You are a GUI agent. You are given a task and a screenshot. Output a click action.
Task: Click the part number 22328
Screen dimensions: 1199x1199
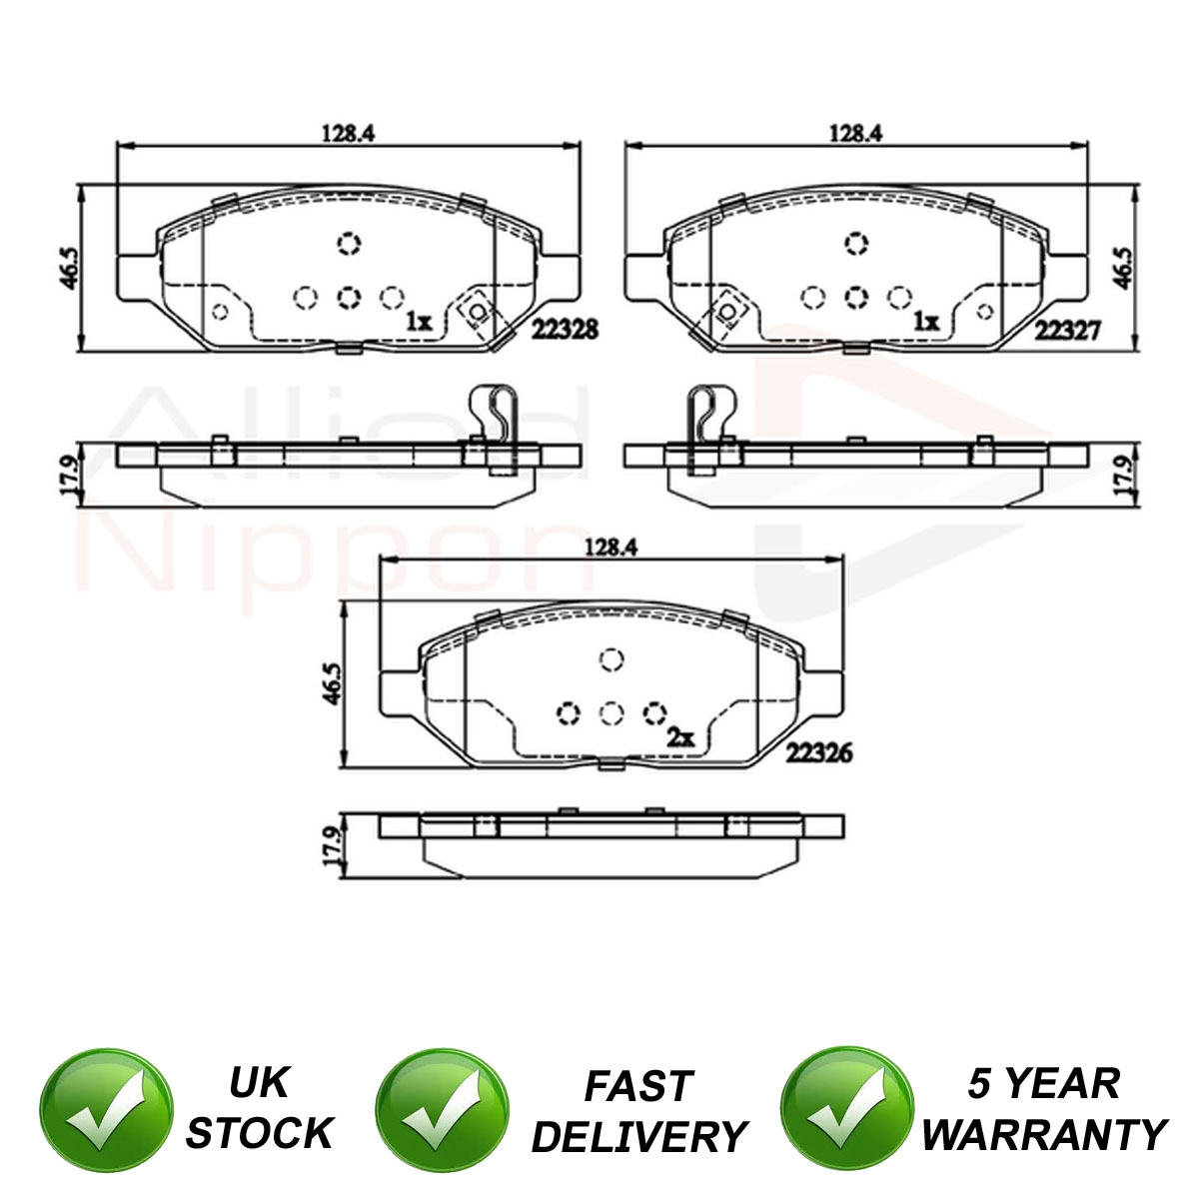pyautogui.click(x=565, y=329)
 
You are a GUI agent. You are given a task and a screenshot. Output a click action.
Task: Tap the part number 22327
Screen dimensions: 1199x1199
pyautogui.click(x=1068, y=331)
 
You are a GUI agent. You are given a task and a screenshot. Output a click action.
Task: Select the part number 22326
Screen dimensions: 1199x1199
pyautogui.click(x=819, y=753)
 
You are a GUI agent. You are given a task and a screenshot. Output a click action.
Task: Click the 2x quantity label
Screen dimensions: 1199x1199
pyautogui.click(x=680, y=738)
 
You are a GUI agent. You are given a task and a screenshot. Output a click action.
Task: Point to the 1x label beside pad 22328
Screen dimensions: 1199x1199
pyautogui.click(x=419, y=322)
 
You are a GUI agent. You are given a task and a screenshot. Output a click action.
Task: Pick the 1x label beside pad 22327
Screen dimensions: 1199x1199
pyautogui.click(x=926, y=322)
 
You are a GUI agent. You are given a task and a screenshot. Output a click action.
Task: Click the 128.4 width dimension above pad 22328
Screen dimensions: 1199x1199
pyautogui.click(x=349, y=133)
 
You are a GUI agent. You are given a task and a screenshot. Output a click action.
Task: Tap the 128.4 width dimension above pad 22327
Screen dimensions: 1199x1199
pyautogui.click(x=856, y=133)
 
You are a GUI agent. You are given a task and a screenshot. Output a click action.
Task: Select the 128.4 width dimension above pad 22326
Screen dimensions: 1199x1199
pyautogui.click(x=611, y=547)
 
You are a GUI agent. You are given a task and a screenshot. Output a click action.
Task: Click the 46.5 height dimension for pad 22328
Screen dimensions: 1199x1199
pyautogui.click(x=69, y=268)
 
